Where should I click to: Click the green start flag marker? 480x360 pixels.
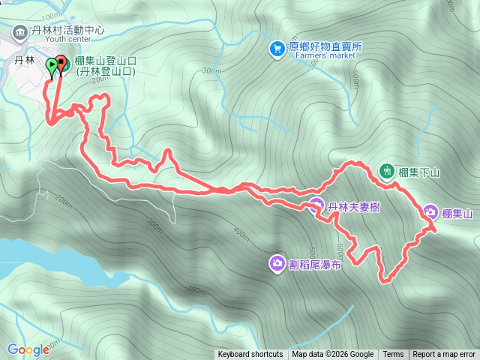click(51, 66)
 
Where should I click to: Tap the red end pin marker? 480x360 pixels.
click(61, 64)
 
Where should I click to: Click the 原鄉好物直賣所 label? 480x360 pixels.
click(324, 46)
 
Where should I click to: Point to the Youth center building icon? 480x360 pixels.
click(18, 31)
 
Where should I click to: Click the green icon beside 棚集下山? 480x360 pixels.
click(387, 171)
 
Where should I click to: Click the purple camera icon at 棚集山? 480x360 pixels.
click(430, 212)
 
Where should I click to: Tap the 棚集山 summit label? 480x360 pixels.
click(457, 214)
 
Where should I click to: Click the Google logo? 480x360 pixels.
click(28, 349)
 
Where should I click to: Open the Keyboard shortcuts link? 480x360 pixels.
click(250, 355)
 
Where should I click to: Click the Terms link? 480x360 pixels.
click(393, 355)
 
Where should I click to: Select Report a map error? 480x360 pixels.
click(444, 355)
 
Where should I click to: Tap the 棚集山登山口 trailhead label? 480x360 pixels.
click(104, 61)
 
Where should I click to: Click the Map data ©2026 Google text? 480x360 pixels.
click(333, 355)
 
